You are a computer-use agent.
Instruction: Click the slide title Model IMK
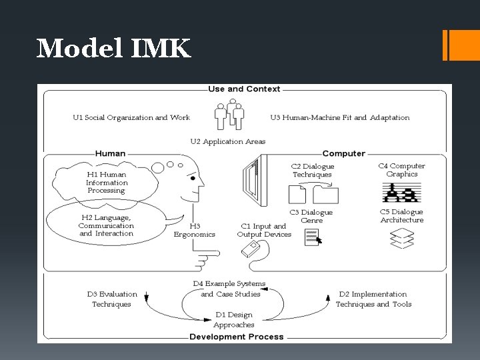tap(113, 48)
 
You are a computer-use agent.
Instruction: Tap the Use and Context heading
tap(244, 89)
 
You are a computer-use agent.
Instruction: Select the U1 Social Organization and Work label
tap(131, 117)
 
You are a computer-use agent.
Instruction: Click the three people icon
tap(229, 115)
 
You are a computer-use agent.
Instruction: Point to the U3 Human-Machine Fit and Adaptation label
tap(340, 117)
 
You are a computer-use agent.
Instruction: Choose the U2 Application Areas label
tap(227, 141)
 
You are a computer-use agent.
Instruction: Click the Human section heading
tap(110, 153)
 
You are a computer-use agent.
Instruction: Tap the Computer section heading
tap(343, 153)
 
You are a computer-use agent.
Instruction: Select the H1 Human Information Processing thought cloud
tap(107, 182)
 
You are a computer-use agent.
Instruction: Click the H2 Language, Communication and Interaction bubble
tap(106, 225)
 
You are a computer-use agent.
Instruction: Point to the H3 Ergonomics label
tap(194, 230)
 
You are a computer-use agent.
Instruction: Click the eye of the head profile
tap(193, 179)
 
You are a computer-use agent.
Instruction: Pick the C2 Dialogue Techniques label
tap(312, 171)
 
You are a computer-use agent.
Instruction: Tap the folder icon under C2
tap(325, 195)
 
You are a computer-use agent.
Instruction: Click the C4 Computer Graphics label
tap(401, 170)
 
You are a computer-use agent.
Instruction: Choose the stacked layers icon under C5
tap(402, 239)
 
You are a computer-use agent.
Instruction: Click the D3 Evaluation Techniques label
tap(112, 299)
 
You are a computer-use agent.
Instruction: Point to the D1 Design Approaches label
tap(233, 320)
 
